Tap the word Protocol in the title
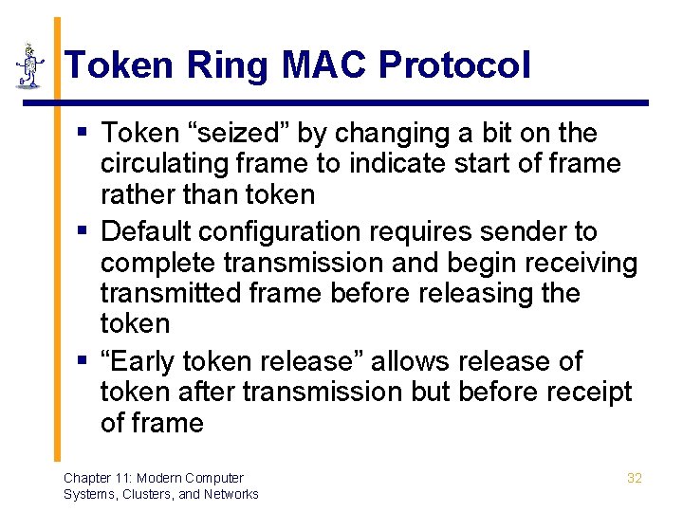tap(454, 65)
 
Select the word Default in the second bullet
tap(148, 231)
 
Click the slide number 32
tap(635, 478)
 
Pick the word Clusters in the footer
tap(141, 494)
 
